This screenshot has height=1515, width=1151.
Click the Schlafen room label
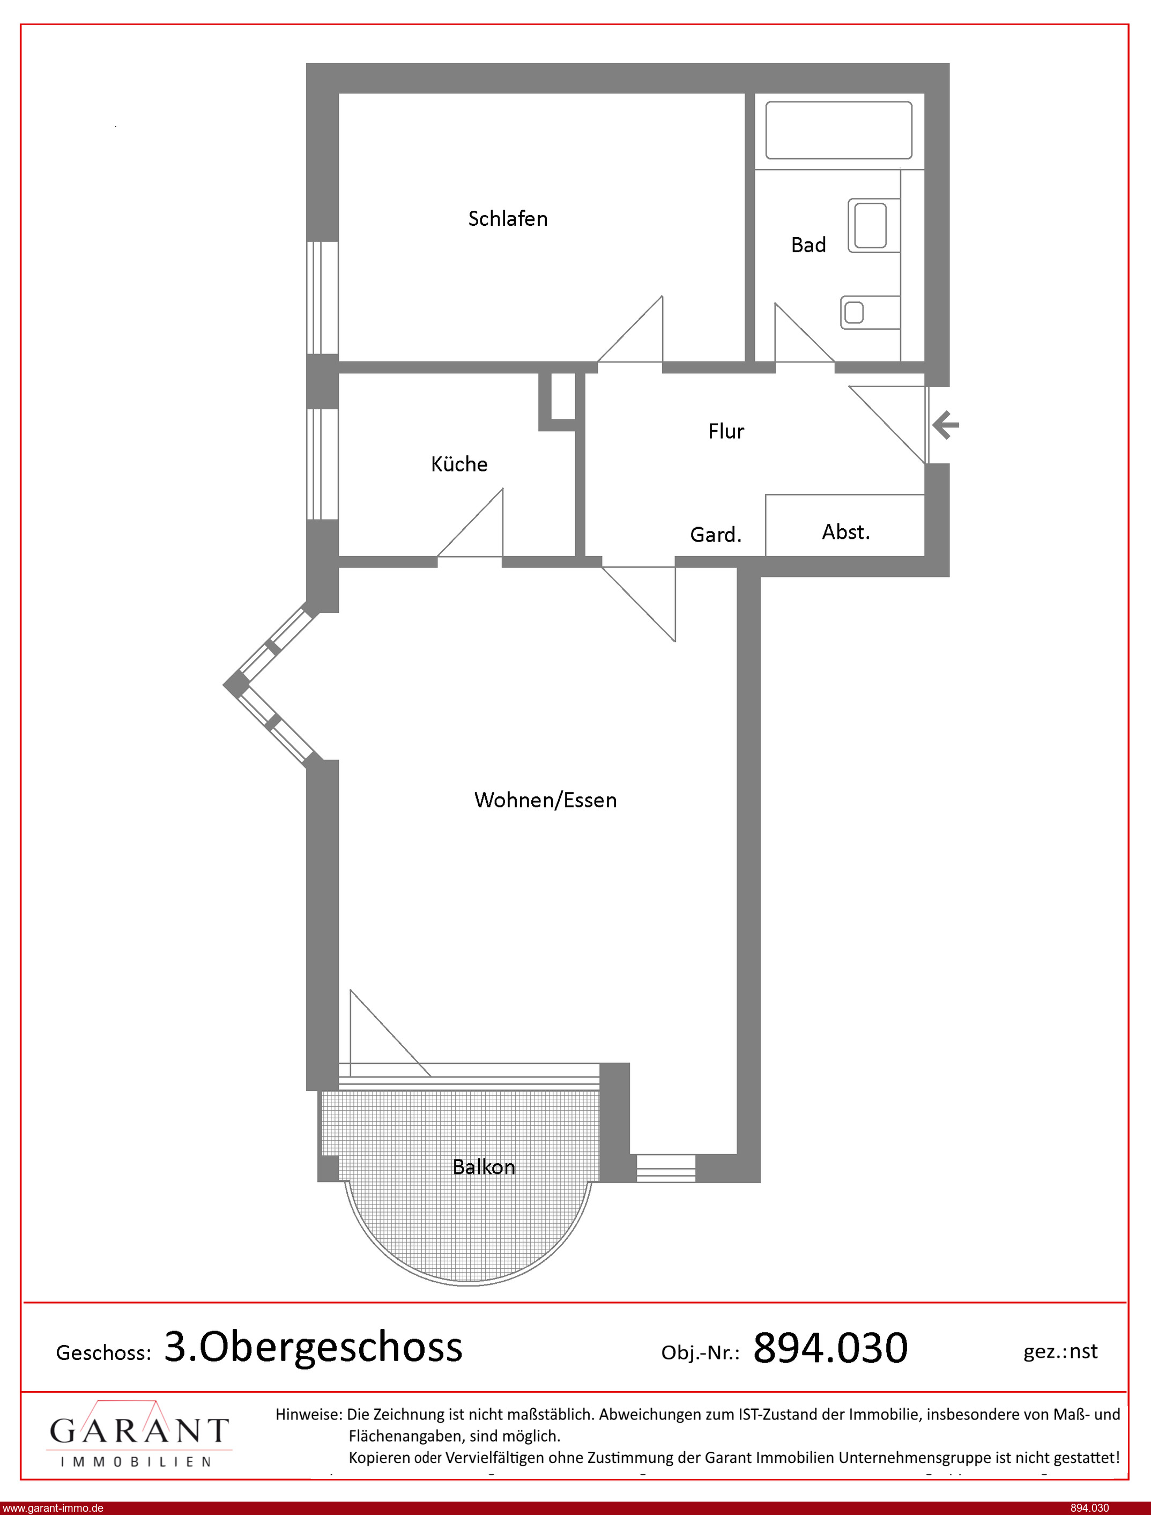tap(508, 219)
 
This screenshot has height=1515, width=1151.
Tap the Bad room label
tap(808, 245)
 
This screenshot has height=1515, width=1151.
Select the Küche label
tap(459, 464)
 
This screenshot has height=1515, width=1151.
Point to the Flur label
tap(726, 431)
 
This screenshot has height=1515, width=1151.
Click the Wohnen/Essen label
tap(545, 800)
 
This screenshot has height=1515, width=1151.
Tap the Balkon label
tap(484, 1167)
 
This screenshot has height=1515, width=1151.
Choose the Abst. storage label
tap(846, 531)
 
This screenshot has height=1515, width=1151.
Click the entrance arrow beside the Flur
tap(946, 425)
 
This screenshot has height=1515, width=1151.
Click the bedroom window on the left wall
tap(322, 298)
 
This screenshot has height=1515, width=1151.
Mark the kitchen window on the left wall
tap(322, 464)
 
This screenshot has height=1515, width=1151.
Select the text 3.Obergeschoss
tap(314, 1347)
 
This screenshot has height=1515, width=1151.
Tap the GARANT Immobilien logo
tap(139, 1434)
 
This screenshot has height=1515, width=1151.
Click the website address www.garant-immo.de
tap(53, 1508)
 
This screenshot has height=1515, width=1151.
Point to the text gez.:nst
tap(1060, 1351)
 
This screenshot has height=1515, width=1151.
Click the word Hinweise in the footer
tap(308, 1414)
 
